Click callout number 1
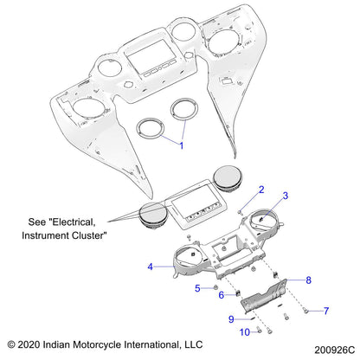coord(181,146)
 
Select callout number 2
coord(260,189)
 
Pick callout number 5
coord(196,287)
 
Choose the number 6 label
coord(222,295)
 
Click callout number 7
coord(326,310)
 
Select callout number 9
coord(231,319)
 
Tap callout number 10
coord(244,332)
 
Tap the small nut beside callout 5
coord(214,288)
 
